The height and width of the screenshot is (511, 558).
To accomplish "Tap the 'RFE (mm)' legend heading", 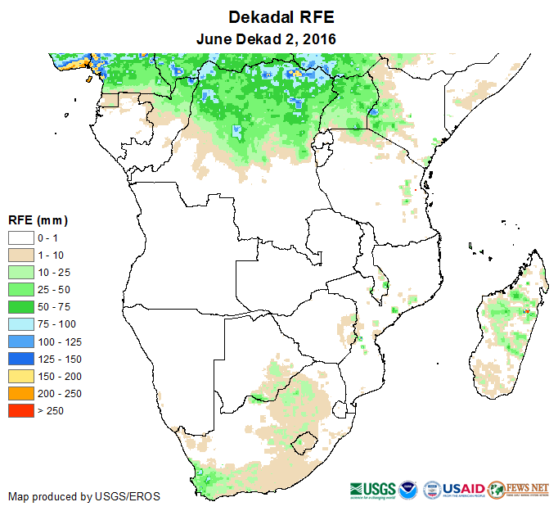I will tap(38, 220).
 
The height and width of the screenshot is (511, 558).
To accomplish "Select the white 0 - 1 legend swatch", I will tap(20, 237).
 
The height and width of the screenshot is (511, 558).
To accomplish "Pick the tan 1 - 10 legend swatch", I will tap(20, 255).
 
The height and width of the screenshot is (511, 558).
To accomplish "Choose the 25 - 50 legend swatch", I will tap(20, 289).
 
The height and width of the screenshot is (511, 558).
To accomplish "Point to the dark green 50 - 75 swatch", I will tap(20, 306).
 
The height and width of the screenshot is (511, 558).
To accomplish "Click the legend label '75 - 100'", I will tap(55, 323).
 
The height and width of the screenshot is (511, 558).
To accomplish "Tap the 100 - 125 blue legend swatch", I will tap(20, 341).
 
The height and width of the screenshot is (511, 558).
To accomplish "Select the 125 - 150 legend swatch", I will tap(20, 359).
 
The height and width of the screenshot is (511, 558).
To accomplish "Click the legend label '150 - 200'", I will tap(58, 376).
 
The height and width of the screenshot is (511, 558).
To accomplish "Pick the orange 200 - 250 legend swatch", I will tap(20, 393).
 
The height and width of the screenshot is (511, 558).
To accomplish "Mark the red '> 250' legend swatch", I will tap(20, 410).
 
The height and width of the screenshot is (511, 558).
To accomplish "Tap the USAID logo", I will tap(465, 488).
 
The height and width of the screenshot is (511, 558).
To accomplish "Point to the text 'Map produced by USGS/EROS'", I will tap(84, 496).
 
